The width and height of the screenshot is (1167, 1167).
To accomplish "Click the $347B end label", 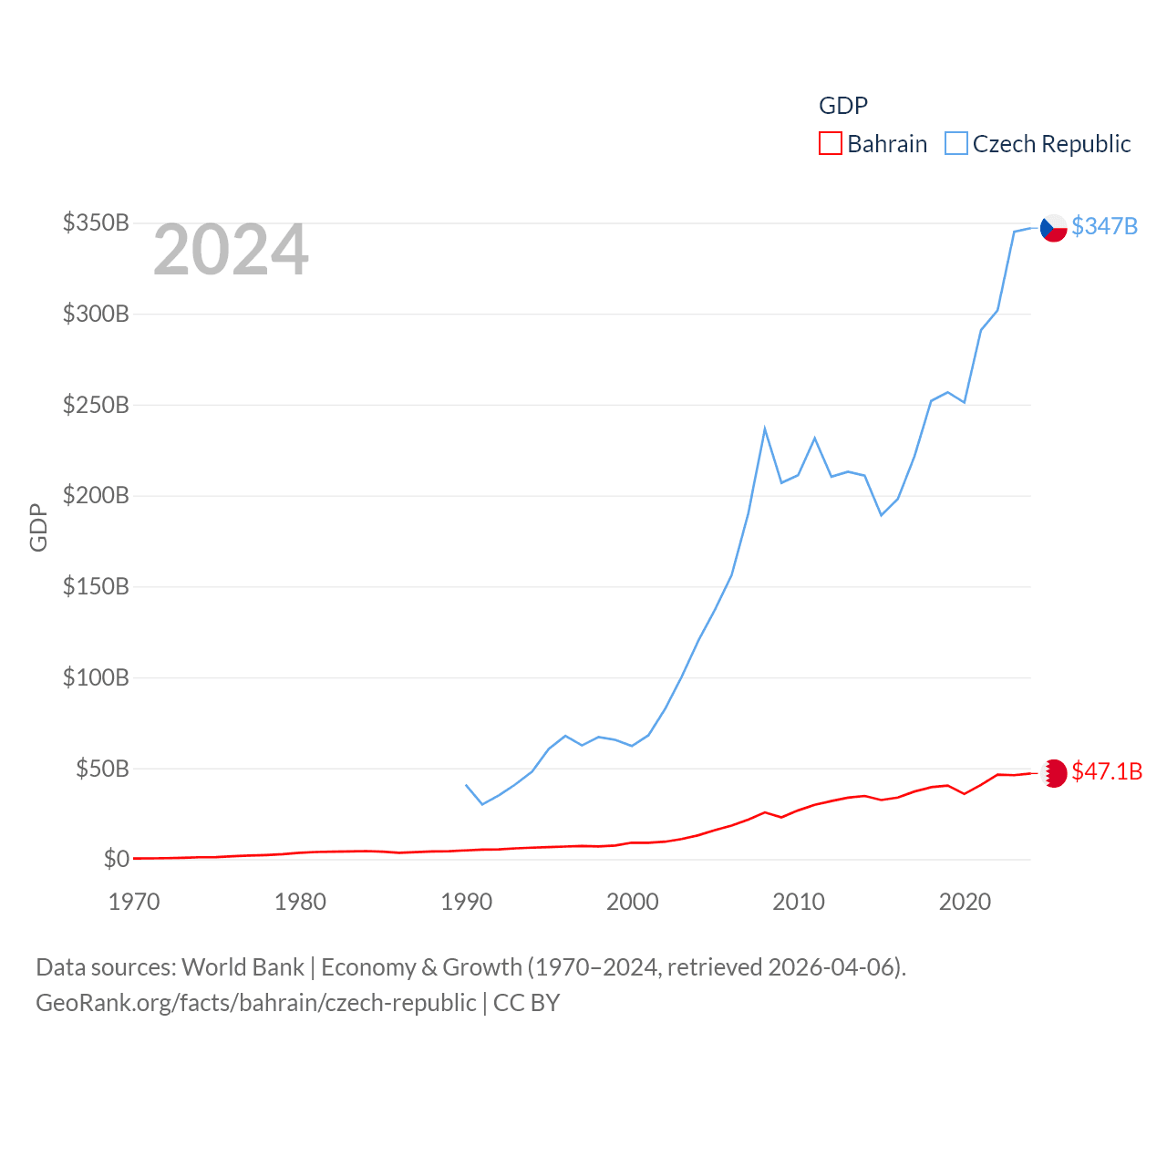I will pyautogui.click(x=1104, y=226).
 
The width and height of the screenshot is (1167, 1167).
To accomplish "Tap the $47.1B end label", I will pyautogui.click(x=1107, y=771).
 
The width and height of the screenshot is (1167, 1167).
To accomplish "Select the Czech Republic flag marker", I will pyautogui.click(x=1054, y=228).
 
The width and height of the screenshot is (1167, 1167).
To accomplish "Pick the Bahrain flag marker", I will pyautogui.click(x=1054, y=773).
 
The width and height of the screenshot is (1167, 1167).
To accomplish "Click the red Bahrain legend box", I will pyautogui.click(x=830, y=144).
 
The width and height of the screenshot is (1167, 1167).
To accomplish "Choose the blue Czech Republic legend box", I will pyautogui.click(x=955, y=144).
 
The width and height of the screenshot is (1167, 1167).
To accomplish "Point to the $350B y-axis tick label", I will pyautogui.click(x=96, y=222).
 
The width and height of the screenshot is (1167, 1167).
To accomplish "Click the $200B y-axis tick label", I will pyautogui.click(x=96, y=495).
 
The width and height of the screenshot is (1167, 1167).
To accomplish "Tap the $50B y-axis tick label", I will pyautogui.click(x=102, y=769).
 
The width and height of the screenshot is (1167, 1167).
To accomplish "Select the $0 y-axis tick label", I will pyautogui.click(x=117, y=859).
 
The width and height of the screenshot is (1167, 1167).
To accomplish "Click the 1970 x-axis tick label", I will pyautogui.click(x=134, y=902).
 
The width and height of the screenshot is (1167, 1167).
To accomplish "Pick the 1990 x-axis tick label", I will pyautogui.click(x=466, y=902).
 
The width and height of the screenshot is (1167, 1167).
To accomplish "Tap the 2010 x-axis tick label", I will pyautogui.click(x=799, y=902).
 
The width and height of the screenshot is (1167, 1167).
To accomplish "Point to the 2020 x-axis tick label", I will pyautogui.click(x=965, y=902).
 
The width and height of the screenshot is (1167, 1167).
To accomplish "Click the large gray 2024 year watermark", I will pyautogui.click(x=231, y=250).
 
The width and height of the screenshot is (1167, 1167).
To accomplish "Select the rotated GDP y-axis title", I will pyautogui.click(x=38, y=527).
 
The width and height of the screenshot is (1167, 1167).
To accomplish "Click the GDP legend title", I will pyautogui.click(x=843, y=106).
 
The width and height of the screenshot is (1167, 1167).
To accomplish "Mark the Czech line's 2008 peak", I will pyautogui.click(x=765, y=429).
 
